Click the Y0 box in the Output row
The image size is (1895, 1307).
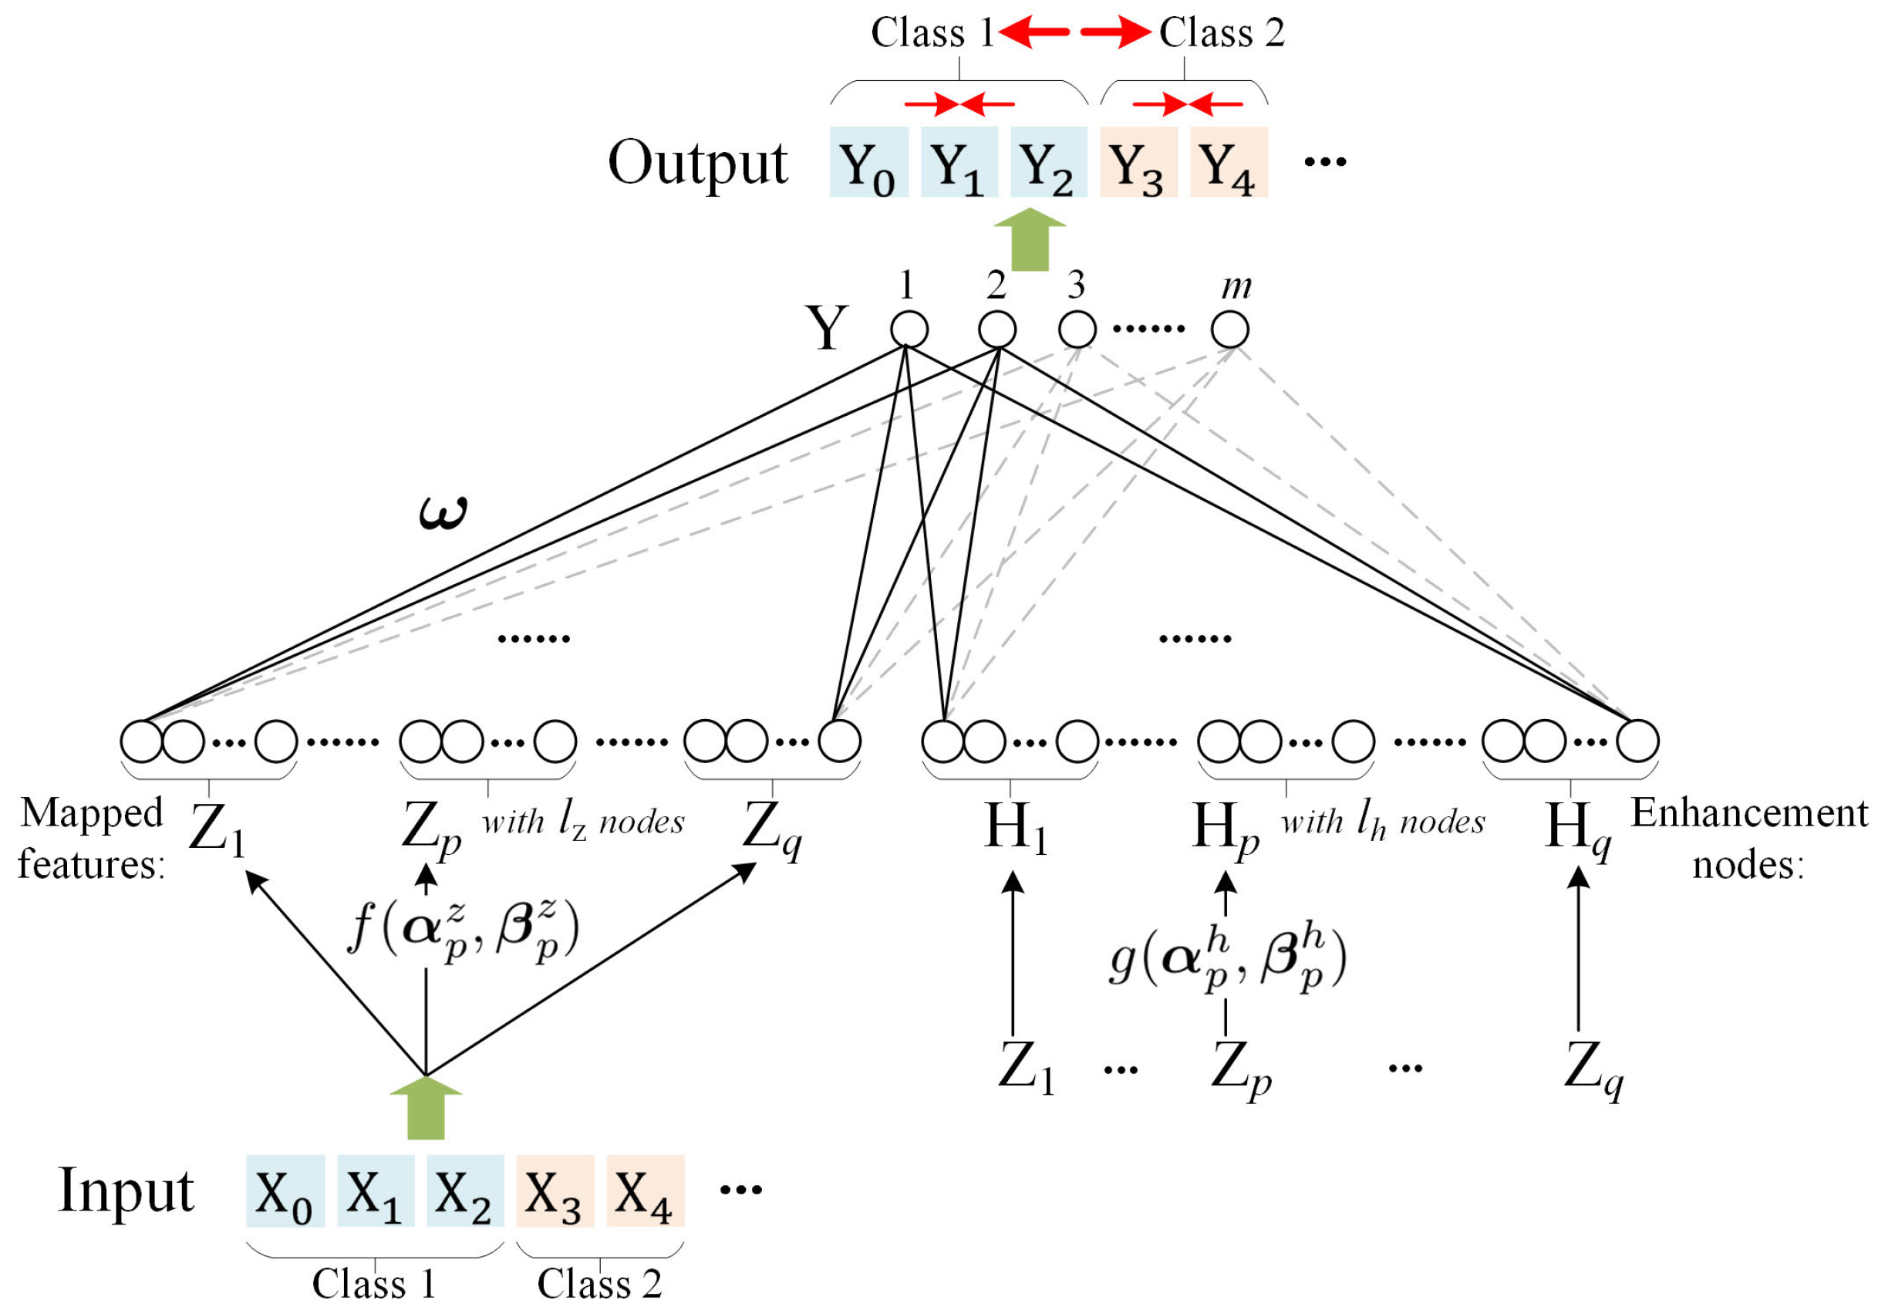tap(868, 162)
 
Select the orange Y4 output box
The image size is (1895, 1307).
tap(1228, 162)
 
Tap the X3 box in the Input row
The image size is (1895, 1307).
tap(555, 1191)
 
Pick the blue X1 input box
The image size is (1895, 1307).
tap(375, 1191)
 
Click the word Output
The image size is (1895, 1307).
tap(697, 162)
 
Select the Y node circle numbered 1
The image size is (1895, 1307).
tap(909, 330)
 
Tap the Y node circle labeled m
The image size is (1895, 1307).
tap(1229, 330)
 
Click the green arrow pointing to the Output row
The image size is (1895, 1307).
tap(1030, 239)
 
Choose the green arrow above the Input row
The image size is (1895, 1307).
tap(426, 1107)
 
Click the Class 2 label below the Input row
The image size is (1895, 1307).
tap(599, 1283)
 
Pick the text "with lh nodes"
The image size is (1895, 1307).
tap(1383, 822)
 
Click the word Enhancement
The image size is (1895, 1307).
tap(1749, 813)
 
